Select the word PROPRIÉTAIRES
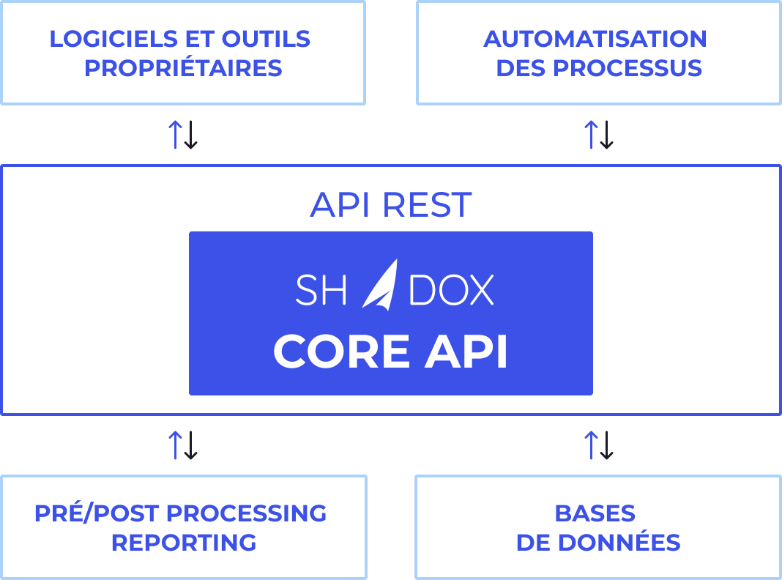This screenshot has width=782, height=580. [183, 68]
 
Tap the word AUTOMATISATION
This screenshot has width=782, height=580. [595, 39]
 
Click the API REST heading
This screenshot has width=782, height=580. [390, 205]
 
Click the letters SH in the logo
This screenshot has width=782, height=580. [321, 291]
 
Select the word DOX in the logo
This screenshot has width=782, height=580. [451, 291]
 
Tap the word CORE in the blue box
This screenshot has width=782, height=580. [341, 352]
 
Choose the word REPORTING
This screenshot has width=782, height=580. [184, 543]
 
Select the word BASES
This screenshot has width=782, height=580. [595, 513]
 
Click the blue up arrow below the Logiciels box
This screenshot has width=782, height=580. [175, 135]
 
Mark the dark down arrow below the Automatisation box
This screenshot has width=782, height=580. [606, 135]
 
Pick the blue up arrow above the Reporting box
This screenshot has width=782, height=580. [175, 445]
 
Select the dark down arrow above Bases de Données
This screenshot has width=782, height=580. [606, 445]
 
